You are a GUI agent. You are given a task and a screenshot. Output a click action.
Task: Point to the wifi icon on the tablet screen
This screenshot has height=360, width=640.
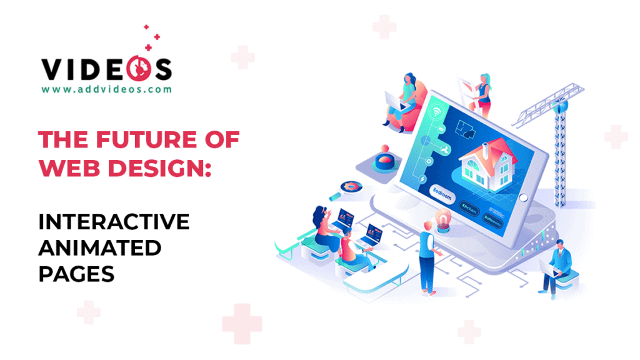pos(436,113)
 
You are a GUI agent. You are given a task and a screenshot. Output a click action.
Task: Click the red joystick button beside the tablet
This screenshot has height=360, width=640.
pos(383,162)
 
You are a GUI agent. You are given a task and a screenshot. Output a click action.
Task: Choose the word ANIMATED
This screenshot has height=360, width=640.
pos(99,247)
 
